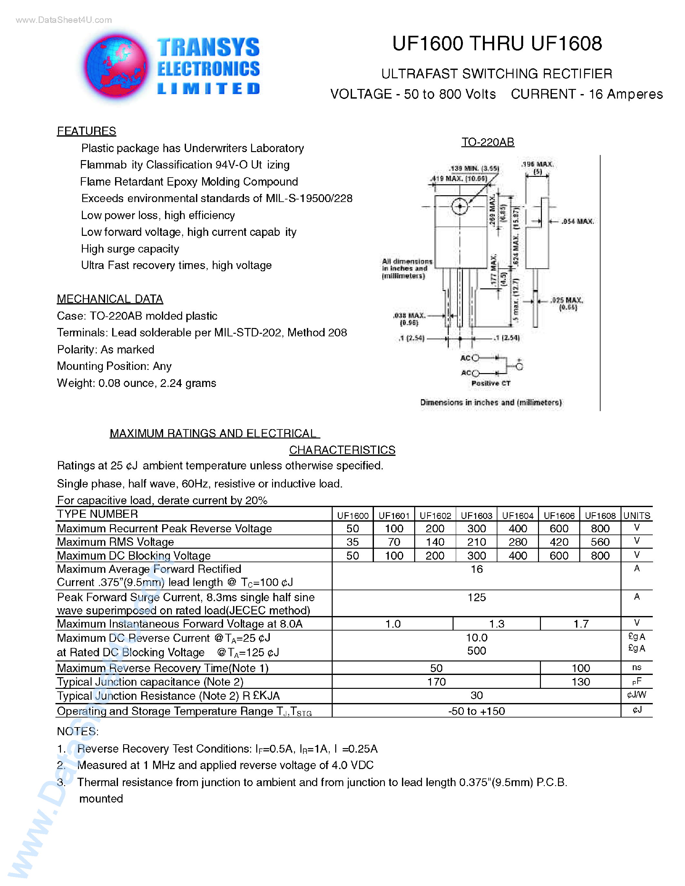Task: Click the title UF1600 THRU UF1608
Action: point(497,44)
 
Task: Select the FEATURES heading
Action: point(86,131)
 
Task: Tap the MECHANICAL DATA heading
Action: point(110,299)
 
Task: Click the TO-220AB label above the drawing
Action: point(487,142)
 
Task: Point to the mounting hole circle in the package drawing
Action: point(460,206)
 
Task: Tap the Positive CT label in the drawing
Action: point(491,383)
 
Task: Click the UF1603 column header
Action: point(476,515)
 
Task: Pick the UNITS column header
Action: point(636,515)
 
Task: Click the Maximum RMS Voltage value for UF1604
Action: point(518,542)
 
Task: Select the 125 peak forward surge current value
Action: point(476,597)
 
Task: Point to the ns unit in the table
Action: point(636,667)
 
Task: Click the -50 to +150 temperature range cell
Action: point(476,711)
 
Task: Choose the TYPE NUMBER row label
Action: point(97,514)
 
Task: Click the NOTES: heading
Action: point(77,731)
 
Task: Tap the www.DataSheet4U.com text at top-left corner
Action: point(64,20)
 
